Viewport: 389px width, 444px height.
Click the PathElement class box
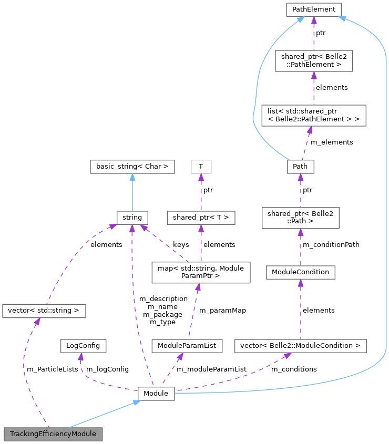pos(313,9)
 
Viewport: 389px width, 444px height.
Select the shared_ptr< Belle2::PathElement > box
pos(313,61)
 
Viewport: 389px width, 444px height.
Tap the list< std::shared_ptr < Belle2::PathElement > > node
pos(313,115)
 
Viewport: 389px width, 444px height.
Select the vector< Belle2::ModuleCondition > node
pos(300,346)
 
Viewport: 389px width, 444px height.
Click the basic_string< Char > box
pos(132,167)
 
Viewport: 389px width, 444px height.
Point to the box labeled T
pos(200,167)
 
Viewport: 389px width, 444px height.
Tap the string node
pos(132,216)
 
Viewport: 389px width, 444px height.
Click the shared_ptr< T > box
pos(200,216)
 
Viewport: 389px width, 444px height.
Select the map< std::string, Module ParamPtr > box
pos(200,272)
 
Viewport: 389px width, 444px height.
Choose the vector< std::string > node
pos(44,311)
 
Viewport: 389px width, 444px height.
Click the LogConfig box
pos(84,346)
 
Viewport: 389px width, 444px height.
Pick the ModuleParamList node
pos(186,346)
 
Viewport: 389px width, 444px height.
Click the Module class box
pos(156,393)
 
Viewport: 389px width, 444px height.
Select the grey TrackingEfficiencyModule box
pos(53,434)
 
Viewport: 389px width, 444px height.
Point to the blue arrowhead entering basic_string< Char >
pos(132,177)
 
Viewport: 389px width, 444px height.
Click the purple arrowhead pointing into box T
pos(200,177)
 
